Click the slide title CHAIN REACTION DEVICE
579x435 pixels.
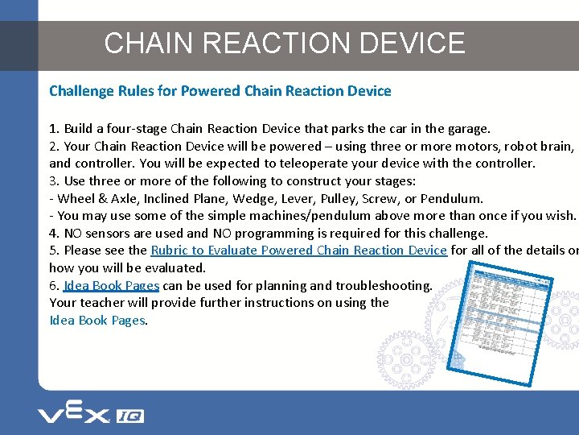coord(285,43)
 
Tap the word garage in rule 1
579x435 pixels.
coord(466,128)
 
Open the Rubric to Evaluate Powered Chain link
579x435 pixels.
coord(298,251)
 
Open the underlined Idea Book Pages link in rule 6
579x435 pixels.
coord(111,285)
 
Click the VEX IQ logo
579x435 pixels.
coord(90,415)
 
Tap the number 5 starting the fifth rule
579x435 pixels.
coord(52,251)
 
